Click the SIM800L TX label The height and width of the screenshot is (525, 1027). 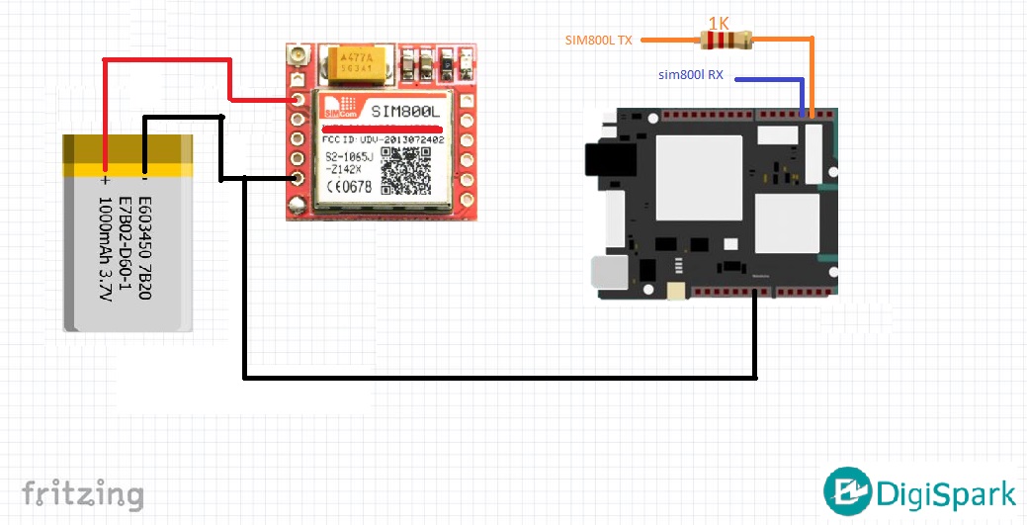click(x=598, y=41)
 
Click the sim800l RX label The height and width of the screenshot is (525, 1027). click(x=691, y=75)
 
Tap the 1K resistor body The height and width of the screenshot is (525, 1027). click(x=727, y=41)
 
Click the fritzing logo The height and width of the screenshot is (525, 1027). click(x=83, y=492)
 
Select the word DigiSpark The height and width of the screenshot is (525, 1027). click(x=946, y=492)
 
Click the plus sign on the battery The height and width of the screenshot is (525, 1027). click(x=103, y=181)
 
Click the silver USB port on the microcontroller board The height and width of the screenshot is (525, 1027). click(x=603, y=273)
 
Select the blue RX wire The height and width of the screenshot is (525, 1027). click(x=761, y=80)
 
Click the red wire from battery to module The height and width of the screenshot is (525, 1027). click(x=168, y=60)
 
